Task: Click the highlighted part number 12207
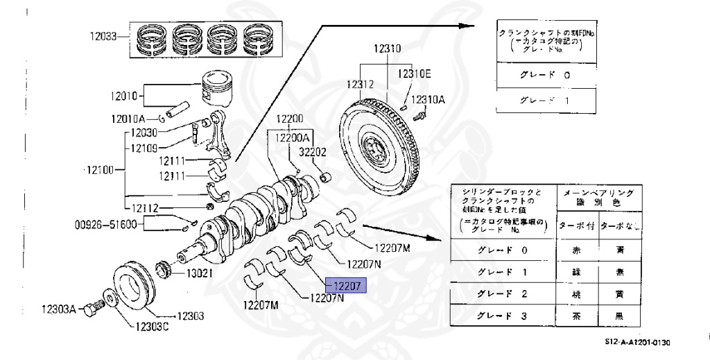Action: (347, 285)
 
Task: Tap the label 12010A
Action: (128, 119)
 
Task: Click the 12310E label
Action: (414, 74)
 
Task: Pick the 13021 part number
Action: (198, 273)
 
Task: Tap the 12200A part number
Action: (293, 138)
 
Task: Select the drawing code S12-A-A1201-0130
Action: (637, 342)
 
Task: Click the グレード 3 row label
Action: (502, 316)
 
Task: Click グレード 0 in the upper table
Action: (544, 75)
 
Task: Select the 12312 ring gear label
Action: (361, 84)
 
